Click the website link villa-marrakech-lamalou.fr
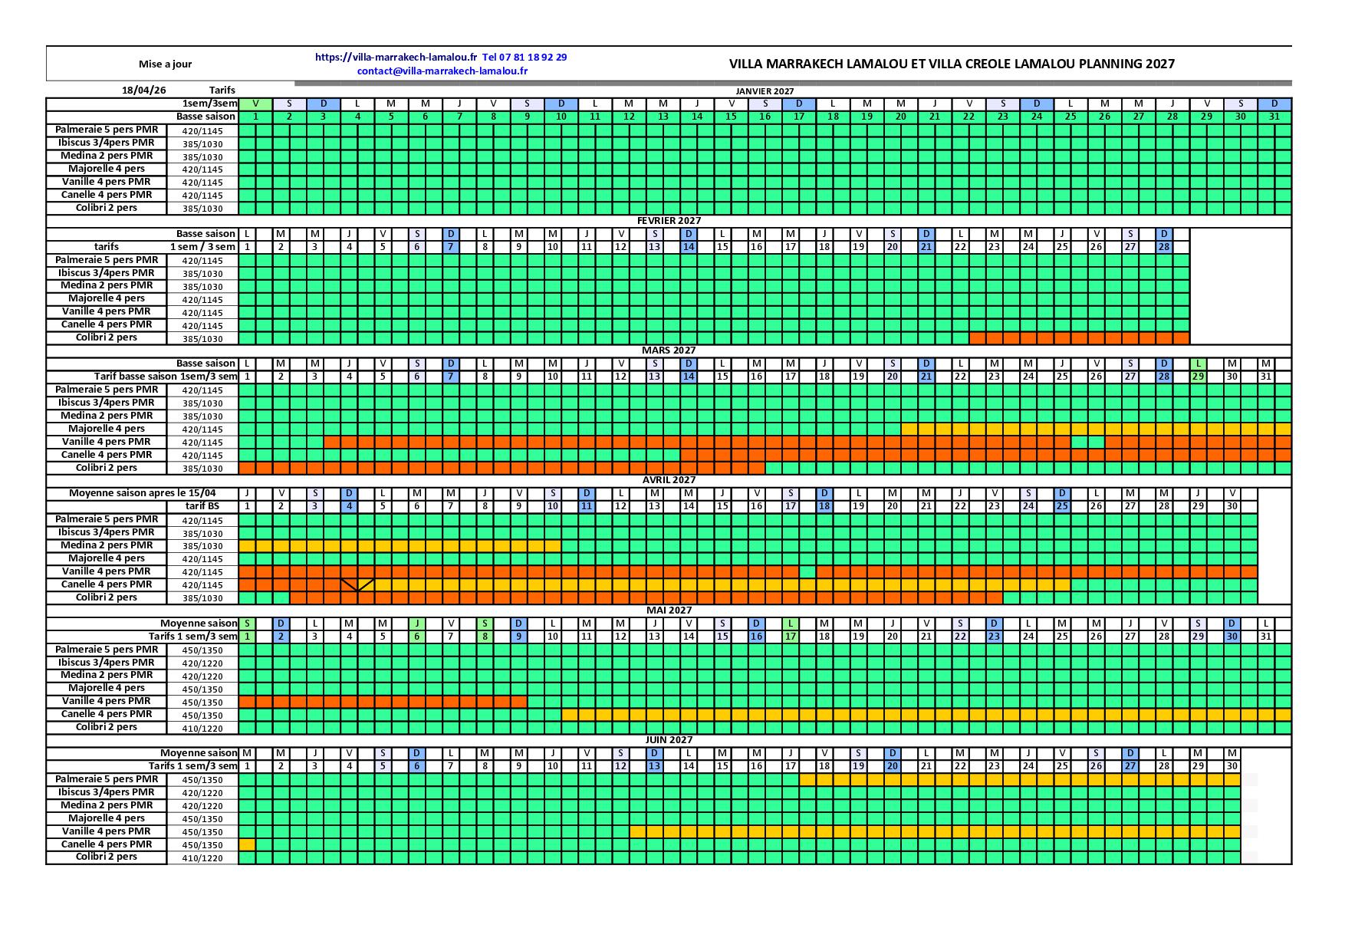coord(396,57)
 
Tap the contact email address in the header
coord(442,71)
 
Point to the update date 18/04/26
coord(143,90)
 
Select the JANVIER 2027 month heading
coord(765,91)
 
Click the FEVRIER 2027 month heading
coord(669,220)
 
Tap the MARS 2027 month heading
coord(669,350)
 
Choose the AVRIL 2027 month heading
coord(669,479)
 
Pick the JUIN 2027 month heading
coord(669,739)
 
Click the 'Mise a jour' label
coord(165,64)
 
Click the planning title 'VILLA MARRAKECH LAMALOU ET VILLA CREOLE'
coord(952,64)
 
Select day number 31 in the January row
coord(1274,117)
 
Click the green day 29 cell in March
coord(1198,377)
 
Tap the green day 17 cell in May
coord(791,637)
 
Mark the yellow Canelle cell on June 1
coord(247,844)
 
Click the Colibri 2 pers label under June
coord(107,857)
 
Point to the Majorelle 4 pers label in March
coord(107,429)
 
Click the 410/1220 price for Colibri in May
coord(202,728)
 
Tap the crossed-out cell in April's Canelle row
coord(357,584)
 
